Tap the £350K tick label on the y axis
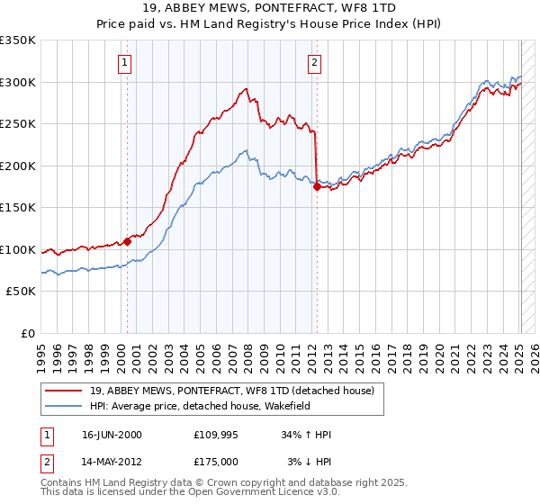point(17,40)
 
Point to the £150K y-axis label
point(17,207)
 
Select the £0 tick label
point(27,333)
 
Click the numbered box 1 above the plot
point(123,63)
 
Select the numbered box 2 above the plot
point(314,63)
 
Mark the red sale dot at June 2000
point(128,240)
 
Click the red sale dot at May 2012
point(317,187)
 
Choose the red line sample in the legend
point(63,391)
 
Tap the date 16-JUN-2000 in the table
point(112,435)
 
